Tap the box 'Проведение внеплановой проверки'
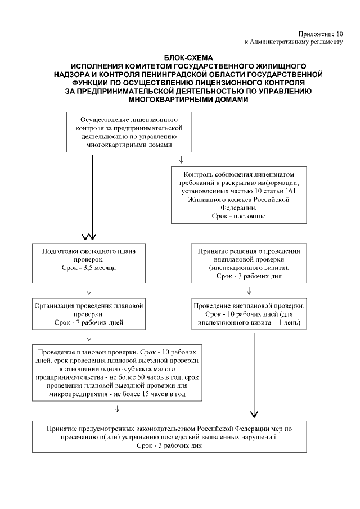pos(249,314)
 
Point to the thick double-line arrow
pos(89,197)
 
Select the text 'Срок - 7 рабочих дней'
pos(89,322)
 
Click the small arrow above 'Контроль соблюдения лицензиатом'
pos(181,159)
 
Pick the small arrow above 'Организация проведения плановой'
pos(89,291)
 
